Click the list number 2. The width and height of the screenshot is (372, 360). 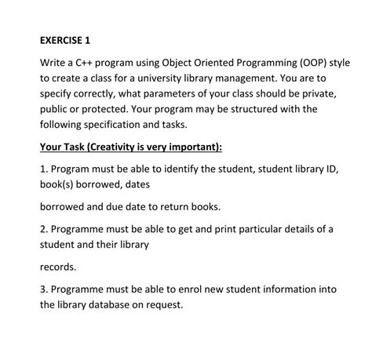42,229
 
